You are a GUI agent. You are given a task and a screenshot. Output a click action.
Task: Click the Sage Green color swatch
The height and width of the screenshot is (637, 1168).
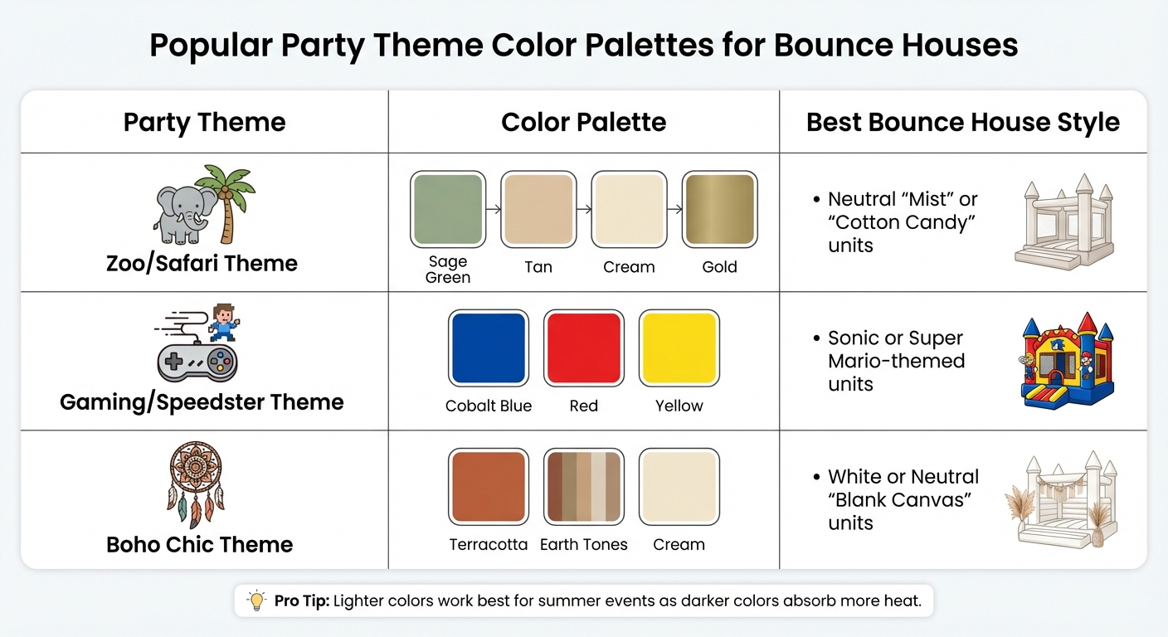click(x=448, y=209)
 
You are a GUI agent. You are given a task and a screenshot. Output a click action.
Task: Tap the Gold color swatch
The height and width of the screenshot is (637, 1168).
click(x=719, y=209)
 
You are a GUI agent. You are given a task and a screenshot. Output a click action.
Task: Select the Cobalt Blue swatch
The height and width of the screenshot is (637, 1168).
click(x=488, y=348)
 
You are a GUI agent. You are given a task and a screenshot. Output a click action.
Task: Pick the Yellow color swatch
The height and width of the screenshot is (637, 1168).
click(x=679, y=348)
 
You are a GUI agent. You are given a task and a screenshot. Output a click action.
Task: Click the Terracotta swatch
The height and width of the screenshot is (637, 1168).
click(x=488, y=487)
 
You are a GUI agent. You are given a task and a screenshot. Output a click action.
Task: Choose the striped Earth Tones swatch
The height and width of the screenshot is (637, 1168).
click(x=583, y=487)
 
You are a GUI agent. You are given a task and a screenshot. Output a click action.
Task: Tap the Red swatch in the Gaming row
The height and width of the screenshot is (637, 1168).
click(x=583, y=348)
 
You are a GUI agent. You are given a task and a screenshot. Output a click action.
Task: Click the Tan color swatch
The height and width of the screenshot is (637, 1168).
click(x=538, y=209)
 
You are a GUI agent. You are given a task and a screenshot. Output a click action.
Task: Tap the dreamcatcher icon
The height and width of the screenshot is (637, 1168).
click(x=196, y=485)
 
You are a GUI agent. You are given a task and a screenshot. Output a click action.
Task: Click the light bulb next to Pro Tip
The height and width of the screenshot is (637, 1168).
click(x=257, y=601)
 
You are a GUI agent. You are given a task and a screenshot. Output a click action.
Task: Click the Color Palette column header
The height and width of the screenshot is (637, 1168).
click(x=583, y=123)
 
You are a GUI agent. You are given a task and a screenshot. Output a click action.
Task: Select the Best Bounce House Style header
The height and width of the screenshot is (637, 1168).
click(x=962, y=123)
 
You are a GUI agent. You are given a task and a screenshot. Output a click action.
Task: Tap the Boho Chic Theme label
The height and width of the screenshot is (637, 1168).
click(x=200, y=545)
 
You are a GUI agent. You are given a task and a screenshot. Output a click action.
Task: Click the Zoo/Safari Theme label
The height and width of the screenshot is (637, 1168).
click(x=202, y=264)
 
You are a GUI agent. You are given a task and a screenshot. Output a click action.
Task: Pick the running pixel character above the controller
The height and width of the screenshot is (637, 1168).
click(x=221, y=322)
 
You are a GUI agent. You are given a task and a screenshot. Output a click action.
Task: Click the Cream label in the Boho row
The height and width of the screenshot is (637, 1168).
click(x=679, y=545)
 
